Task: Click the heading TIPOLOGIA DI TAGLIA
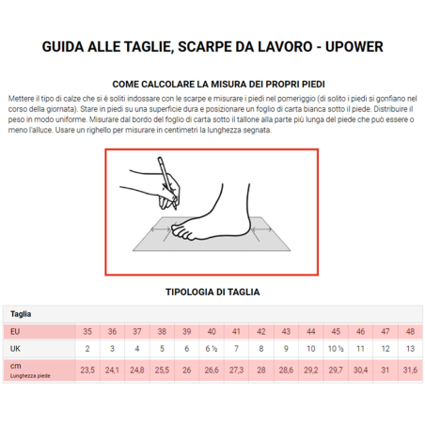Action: tap(212, 292)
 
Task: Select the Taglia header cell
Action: tap(21, 314)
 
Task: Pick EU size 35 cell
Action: tap(87, 332)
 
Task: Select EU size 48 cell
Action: tap(410, 332)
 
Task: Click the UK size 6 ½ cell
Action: tap(211, 349)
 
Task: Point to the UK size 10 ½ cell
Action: tap(335, 349)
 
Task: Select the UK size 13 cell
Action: tap(410, 349)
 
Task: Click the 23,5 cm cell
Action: tap(87, 370)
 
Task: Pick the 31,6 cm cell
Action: tap(410, 370)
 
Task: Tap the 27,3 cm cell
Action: tap(236, 370)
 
